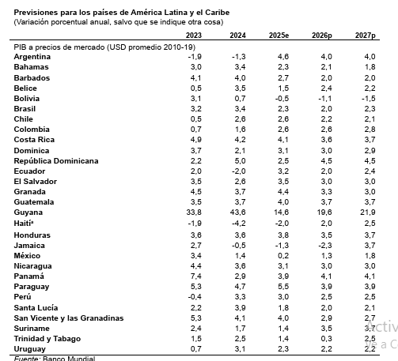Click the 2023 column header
pos(194,36)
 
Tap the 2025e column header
pos(280,36)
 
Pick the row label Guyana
pos(28,212)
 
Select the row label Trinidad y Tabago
pos(48,338)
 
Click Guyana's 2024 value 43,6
pos(237,212)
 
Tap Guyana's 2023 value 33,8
pos(194,212)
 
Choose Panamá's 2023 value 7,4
pos(195,276)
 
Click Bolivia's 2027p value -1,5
pos(368,99)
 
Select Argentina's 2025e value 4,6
pos(282,58)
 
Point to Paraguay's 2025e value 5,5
pos(282,286)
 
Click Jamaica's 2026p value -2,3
pos(324,245)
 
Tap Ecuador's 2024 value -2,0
pos(237,171)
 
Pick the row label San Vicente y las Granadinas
pos(69,318)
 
